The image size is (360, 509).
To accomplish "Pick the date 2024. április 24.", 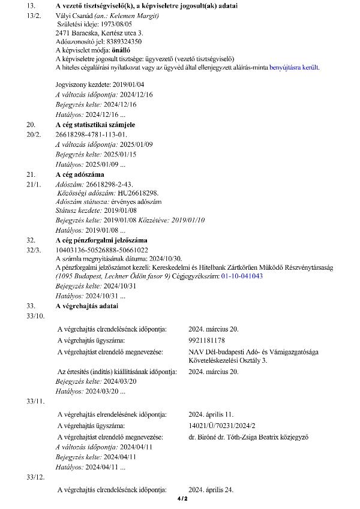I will (x=211, y=490).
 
